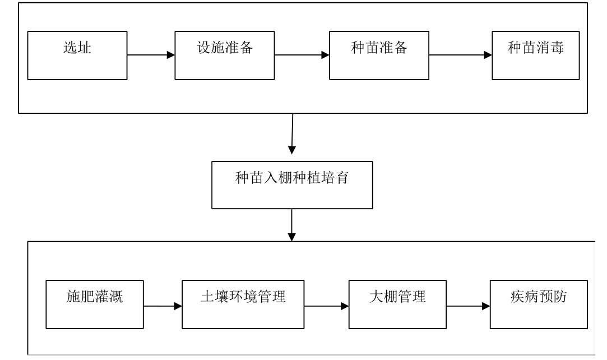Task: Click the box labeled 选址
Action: tap(77, 56)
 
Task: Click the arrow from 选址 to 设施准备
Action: tap(151, 55)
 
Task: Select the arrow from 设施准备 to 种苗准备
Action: tap(301, 55)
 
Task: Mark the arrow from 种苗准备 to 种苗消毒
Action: tap(460, 56)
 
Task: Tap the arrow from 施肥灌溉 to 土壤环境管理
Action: tap(163, 307)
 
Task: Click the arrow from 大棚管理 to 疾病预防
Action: tap(467, 307)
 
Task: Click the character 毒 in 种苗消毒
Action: tap(554, 48)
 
